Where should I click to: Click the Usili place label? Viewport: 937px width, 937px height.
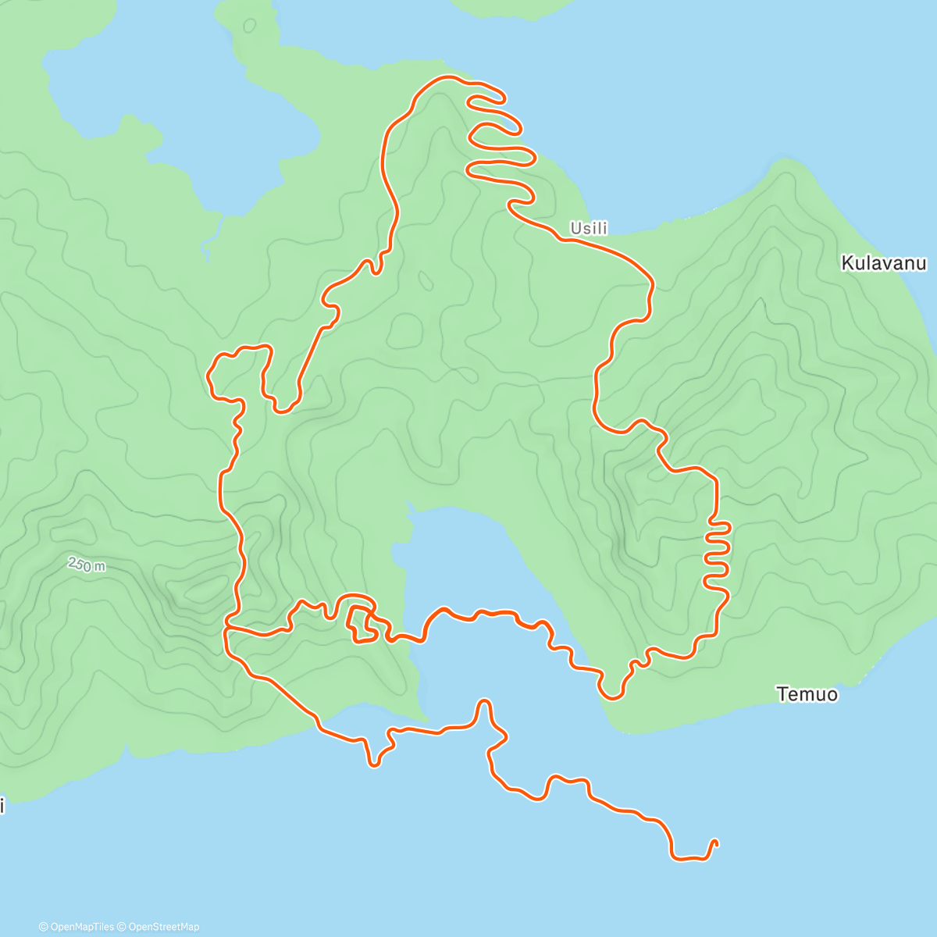[x=588, y=229]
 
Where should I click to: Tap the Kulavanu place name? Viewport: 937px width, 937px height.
[x=883, y=263]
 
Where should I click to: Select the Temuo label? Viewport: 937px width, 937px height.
[x=807, y=694]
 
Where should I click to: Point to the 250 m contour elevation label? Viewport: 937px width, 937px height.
[x=86, y=564]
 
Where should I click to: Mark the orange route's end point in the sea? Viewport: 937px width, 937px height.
[x=715, y=842]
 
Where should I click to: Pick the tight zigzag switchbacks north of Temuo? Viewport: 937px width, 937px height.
[x=718, y=550]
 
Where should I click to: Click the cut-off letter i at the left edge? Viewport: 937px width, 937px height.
[x=2, y=806]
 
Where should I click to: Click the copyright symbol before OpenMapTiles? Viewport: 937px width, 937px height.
[x=43, y=927]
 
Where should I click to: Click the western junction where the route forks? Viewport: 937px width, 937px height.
[x=226, y=627]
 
